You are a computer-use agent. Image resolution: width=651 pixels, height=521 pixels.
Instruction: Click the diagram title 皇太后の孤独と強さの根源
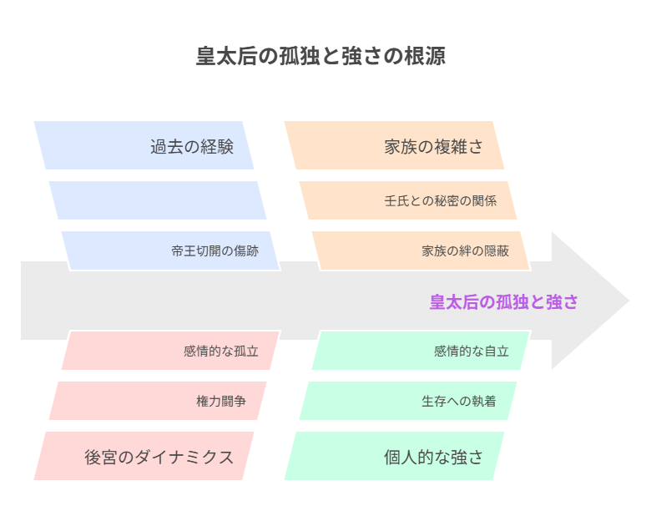[x=320, y=56]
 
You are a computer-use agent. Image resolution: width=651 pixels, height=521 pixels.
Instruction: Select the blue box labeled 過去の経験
[x=144, y=145]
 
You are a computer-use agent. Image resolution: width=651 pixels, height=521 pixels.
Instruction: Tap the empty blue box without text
[x=158, y=200]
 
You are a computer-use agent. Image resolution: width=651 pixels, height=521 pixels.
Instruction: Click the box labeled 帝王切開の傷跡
[x=170, y=251]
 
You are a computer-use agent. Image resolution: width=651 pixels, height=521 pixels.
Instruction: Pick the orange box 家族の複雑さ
[x=394, y=145]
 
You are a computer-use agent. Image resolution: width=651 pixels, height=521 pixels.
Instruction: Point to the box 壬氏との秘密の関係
[x=408, y=200]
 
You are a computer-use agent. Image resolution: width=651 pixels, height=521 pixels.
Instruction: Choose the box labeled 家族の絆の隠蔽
[x=421, y=251]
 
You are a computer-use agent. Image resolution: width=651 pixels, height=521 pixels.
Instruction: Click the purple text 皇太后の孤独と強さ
[x=503, y=301]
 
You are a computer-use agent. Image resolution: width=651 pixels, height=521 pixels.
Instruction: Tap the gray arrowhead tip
[x=629, y=301]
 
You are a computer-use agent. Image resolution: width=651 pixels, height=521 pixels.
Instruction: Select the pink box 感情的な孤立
[x=170, y=350]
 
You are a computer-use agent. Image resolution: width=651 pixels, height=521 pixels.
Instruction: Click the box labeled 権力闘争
[x=158, y=401]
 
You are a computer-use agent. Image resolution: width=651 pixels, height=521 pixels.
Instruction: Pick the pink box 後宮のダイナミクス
[x=144, y=456]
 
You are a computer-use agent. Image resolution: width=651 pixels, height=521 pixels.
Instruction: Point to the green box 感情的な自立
[x=421, y=350]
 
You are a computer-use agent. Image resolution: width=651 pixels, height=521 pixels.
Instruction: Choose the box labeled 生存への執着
[x=408, y=401]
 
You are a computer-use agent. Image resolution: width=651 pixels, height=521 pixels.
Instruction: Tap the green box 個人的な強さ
[x=394, y=456]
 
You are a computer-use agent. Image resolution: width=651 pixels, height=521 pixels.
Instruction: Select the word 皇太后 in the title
[x=227, y=56]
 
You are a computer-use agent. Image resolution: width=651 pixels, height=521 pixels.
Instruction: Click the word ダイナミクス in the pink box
[x=184, y=458]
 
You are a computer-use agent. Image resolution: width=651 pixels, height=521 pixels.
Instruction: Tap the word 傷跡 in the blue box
[x=246, y=251]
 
